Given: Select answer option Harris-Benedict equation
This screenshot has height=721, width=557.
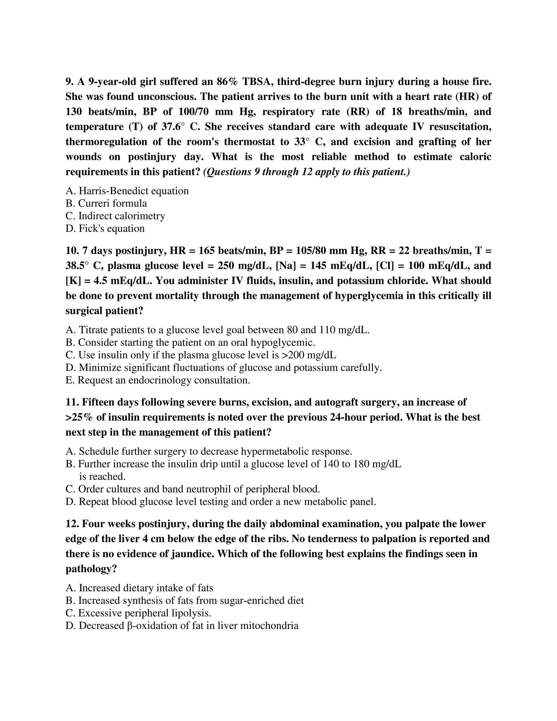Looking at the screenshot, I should (x=127, y=191).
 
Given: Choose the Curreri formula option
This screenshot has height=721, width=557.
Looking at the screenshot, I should (x=106, y=203).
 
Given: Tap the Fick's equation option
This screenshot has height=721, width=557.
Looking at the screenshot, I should (x=105, y=229).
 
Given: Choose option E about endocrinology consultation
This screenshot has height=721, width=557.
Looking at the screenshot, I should (x=158, y=380).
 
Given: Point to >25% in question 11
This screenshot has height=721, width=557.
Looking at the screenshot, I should (x=79, y=417).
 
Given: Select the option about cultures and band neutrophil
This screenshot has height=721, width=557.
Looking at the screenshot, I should (x=193, y=489).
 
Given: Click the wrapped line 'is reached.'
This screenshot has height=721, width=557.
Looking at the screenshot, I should (x=102, y=476).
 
